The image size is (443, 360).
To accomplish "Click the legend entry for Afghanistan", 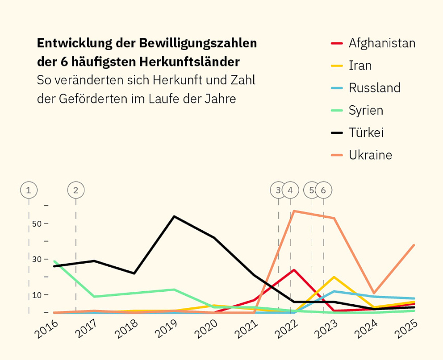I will (x=382, y=43).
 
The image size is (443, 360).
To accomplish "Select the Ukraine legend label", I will (x=370, y=155).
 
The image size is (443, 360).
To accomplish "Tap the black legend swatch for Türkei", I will (x=337, y=132).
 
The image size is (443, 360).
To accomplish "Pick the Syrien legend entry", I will (x=366, y=110).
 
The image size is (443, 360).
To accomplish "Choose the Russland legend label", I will (x=374, y=87).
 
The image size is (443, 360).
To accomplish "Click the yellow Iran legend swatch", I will (x=337, y=66).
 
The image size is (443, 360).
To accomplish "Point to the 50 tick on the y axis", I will (x=37, y=223).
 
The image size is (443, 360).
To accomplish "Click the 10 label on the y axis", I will (x=37, y=295).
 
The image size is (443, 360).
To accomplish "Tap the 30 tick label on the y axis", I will (x=37, y=259).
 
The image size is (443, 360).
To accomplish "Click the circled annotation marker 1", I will (x=29, y=190).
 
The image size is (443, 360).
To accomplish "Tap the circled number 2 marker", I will (x=75, y=190).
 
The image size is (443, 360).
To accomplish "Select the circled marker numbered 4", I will (x=290, y=190).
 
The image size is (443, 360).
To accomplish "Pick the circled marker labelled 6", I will (x=324, y=190).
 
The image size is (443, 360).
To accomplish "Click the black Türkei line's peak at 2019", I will (x=174, y=216).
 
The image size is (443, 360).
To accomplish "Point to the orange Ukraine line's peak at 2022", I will (x=294, y=211).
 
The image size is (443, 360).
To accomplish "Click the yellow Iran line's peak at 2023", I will (x=334, y=277).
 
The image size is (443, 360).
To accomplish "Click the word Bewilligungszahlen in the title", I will (x=197, y=43).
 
